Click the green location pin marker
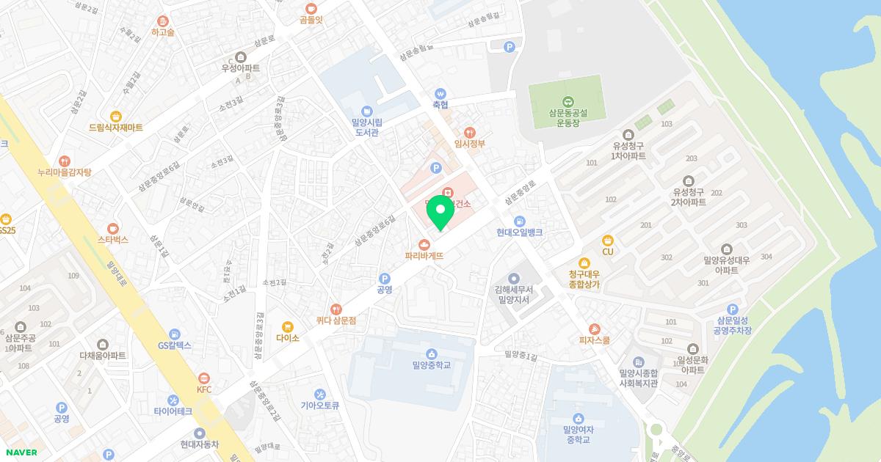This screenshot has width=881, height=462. tap(440, 211)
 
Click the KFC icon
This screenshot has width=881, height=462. tap(204, 377)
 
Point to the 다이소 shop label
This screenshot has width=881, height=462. tap(288, 338)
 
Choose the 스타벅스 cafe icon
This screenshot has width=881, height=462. tap(112, 228)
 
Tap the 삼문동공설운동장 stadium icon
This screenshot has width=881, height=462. tap(567, 101)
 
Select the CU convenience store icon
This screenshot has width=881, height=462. tap(607, 240)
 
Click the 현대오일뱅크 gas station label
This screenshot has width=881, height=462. tap(519, 232)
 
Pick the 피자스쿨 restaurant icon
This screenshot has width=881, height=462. tap(595, 329)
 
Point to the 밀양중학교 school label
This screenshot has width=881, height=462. tap(432, 365)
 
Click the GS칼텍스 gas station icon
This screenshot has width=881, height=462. tap(174, 334)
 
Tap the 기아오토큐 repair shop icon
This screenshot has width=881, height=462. tap(319, 394)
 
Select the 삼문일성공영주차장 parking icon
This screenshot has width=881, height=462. tap(731, 310)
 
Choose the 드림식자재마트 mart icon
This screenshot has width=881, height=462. tap(115, 116)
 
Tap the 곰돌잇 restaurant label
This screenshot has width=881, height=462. tap(311, 21)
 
